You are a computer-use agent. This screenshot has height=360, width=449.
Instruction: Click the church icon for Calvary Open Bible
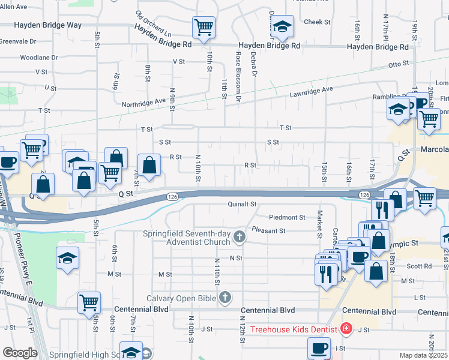tap(225, 297)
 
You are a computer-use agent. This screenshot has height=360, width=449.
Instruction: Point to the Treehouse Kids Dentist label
tap(293, 329)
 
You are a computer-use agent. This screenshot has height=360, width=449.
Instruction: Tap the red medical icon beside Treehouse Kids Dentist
tap(346, 329)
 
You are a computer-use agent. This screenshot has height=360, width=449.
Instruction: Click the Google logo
tap(19, 353)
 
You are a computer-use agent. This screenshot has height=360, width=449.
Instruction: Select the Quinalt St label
tap(242, 204)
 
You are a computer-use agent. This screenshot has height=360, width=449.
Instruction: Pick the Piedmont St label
tap(288, 217)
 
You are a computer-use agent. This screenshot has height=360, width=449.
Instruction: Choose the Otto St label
tap(398, 64)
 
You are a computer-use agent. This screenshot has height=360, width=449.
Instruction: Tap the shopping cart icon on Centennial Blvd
tap(89, 302)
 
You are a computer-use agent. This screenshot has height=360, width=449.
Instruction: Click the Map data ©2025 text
tap(424, 355)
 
